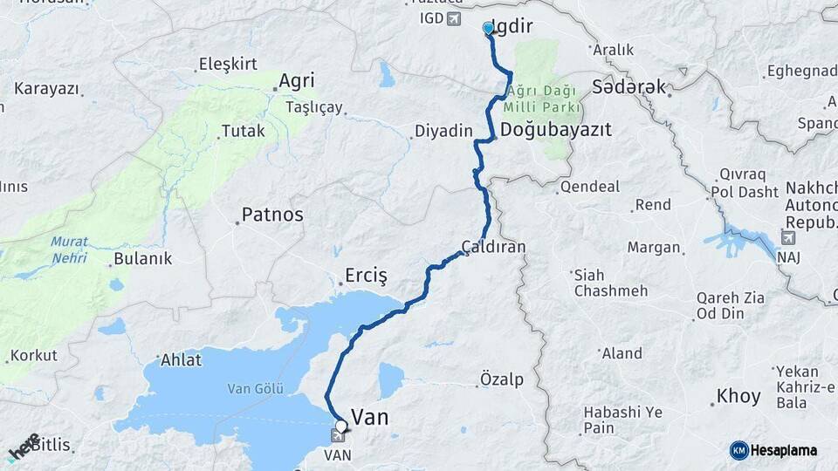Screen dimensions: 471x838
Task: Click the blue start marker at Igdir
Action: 488,29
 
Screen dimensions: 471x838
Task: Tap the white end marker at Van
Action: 341,427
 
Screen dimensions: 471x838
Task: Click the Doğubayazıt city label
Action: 555,129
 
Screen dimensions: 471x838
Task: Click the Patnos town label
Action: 272,214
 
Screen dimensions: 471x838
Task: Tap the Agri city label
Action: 296,81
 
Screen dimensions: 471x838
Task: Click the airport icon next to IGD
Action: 453,18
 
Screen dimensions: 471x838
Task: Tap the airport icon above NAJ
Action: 789,237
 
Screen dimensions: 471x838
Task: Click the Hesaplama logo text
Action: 783,450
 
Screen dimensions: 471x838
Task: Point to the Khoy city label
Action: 738,396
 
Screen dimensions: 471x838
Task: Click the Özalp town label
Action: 502,379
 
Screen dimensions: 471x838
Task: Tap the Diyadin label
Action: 443,132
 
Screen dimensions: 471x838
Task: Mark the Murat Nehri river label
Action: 68,249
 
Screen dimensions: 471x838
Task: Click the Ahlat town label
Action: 181,359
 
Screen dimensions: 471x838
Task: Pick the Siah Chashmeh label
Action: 611,283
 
